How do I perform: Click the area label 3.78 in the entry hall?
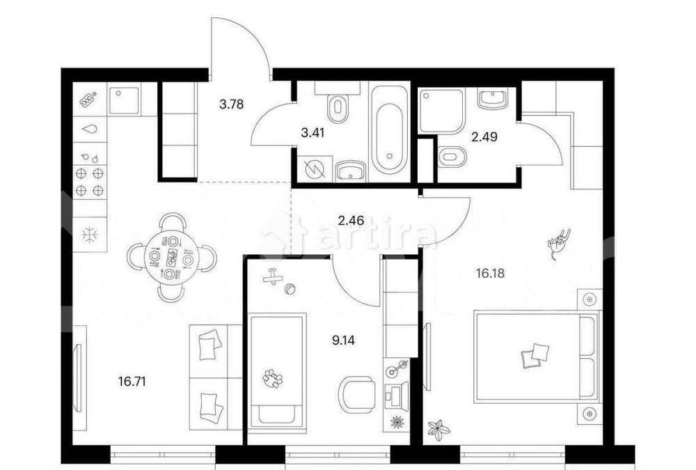(x=231, y=104)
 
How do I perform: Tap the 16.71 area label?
(x=132, y=381)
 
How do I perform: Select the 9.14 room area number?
(x=343, y=340)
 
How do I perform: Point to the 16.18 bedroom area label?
(x=490, y=273)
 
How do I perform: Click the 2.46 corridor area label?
(x=351, y=220)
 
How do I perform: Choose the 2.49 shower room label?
(x=484, y=137)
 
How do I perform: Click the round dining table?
(x=170, y=258)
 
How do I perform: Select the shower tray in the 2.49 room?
(x=442, y=111)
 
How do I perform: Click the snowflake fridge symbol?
(x=90, y=234)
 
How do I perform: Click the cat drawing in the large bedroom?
(x=558, y=244)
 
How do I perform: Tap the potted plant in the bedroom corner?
(x=438, y=430)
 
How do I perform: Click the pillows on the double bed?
(x=535, y=356)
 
